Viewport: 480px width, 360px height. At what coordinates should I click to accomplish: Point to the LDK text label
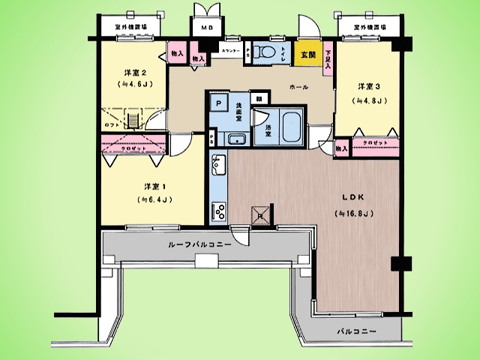tap(353, 197)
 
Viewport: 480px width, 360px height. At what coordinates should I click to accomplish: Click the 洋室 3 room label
tap(370, 85)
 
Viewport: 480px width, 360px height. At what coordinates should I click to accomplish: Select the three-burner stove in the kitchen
tap(220, 211)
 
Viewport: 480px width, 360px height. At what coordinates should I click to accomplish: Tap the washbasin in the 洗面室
tap(237, 139)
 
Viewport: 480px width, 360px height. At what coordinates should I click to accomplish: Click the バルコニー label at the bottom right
tap(356, 331)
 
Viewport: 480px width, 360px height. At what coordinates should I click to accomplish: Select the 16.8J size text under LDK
tap(354, 213)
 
